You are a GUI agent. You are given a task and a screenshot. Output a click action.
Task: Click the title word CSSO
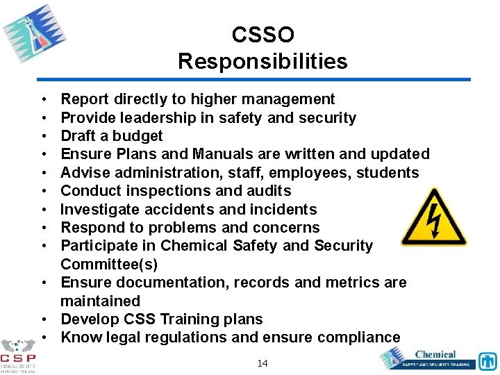[262, 35]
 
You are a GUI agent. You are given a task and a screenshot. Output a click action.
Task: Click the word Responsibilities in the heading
[262, 61]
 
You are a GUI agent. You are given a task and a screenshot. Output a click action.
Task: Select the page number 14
[262, 363]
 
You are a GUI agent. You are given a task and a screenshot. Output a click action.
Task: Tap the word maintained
[100, 301]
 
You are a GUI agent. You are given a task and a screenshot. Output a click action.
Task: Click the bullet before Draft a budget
[44, 136]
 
